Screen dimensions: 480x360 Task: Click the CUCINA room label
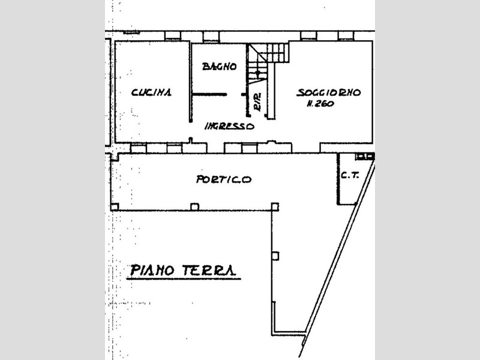tap(151, 92)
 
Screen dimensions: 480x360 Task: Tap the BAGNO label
tap(219, 67)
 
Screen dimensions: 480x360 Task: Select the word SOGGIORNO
tap(328, 92)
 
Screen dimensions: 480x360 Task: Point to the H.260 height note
tap(320, 104)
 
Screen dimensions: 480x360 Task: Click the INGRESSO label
tap(229, 126)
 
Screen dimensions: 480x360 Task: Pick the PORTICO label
tap(224, 179)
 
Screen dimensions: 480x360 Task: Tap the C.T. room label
tap(350, 176)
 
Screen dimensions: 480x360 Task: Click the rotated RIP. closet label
tap(258, 102)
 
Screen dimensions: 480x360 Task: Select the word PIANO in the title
tap(152, 271)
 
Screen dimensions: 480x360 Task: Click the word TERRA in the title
tap(209, 271)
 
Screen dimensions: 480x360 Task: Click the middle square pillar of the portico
tap(194, 206)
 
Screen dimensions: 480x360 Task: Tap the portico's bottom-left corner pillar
tap(115, 206)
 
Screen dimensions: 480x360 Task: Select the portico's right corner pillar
tap(275, 206)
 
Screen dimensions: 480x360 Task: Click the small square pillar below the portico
tap(275, 256)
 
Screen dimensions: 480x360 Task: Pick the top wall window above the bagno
tap(211, 37)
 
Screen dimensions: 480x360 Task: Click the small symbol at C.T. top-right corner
tap(365, 157)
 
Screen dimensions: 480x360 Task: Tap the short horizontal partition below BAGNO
tap(209, 95)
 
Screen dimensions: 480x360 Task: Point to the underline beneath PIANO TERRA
tap(184, 279)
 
